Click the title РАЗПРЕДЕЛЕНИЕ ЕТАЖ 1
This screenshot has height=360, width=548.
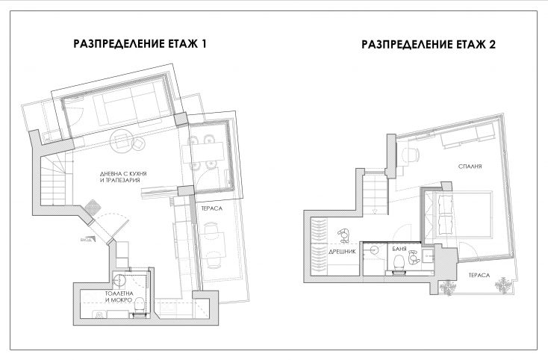[140, 44]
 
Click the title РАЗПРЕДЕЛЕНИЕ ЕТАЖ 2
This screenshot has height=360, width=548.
[429, 44]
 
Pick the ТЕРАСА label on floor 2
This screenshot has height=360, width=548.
[479, 275]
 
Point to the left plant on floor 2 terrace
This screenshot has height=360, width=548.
[448, 286]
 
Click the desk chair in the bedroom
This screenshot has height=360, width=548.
[410, 154]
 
